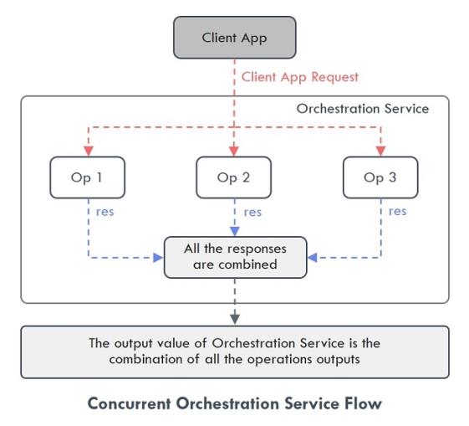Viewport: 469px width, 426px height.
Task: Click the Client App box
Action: click(x=235, y=38)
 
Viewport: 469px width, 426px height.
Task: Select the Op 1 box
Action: click(x=87, y=177)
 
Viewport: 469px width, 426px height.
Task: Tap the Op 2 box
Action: click(x=234, y=177)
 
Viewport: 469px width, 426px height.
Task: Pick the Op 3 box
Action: click(x=380, y=177)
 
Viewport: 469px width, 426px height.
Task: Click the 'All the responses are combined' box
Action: click(x=236, y=258)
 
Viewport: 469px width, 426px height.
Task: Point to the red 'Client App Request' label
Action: click(x=299, y=77)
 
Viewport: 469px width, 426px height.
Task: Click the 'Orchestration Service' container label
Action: click(x=363, y=109)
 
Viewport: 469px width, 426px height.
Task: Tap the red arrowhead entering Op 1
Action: click(x=89, y=151)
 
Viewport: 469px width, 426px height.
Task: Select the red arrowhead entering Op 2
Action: click(x=234, y=151)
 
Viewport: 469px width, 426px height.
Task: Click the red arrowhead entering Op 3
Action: click(x=380, y=151)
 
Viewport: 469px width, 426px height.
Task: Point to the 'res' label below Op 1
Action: click(x=105, y=212)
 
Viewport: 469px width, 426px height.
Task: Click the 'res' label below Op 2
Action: click(x=252, y=213)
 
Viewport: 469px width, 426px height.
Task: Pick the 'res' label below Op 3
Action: click(x=397, y=212)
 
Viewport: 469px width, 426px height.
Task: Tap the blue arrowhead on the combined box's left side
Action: click(x=158, y=258)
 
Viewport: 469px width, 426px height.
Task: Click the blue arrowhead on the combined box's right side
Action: click(x=313, y=258)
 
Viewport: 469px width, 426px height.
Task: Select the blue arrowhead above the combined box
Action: click(x=235, y=231)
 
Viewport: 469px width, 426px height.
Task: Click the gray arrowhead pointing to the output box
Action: click(x=235, y=319)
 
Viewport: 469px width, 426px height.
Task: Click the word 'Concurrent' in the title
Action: click(x=130, y=403)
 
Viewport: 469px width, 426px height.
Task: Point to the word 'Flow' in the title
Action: click(x=363, y=403)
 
